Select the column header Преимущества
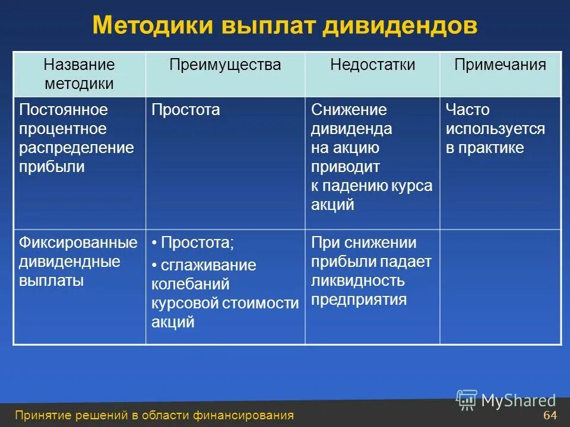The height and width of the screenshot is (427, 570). pyautogui.click(x=224, y=65)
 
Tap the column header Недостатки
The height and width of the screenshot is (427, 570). pyautogui.click(x=372, y=65)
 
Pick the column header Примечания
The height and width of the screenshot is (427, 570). pyautogui.click(x=499, y=65)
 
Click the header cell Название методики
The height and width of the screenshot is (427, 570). pyautogui.click(x=79, y=74)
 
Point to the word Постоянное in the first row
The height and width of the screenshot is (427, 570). pyautogui.click(x=64, y=110)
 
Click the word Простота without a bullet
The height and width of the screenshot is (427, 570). pyautogui.click(x=185, y=110)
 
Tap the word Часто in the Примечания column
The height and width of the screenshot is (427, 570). pyautogui.click(x=468, y=110)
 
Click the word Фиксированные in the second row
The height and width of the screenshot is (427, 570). pyautogui.click(x=78, y=243)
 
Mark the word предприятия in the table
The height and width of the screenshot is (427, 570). pyautogui.click(x=359, y=299)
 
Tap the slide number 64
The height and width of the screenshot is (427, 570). pyautogui.click(x=550, y=415)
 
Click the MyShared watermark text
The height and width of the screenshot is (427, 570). pyautogui.click(x=518, y=401)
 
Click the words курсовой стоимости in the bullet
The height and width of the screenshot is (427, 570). pyautogui.click(x=224, y=303)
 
